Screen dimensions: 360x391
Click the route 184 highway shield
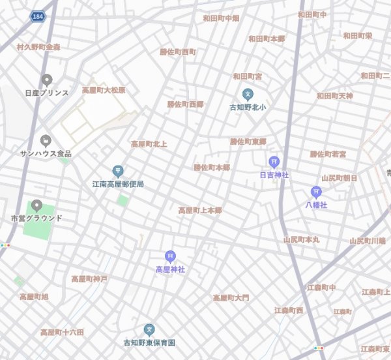pos(36,14)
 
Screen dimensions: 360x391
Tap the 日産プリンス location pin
pos(46,80)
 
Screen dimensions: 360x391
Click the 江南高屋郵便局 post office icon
pos(118,171)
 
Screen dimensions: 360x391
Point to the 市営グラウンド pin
pos(36,206)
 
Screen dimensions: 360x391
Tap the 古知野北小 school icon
pos(248,94)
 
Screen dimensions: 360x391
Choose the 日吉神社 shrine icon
pos(274,162)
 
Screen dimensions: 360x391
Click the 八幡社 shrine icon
pos(316,192)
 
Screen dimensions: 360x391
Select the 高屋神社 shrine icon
pos(170,256)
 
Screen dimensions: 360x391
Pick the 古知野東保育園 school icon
pos(149,330)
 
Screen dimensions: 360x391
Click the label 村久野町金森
pos(38,47)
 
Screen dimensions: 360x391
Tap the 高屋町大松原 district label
pos(104,90)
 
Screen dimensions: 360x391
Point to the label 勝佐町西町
pos(178,52)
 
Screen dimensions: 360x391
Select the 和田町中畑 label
pos(221,18)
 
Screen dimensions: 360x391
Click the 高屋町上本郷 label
pos(200,211)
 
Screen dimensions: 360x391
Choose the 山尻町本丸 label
pos(302,240)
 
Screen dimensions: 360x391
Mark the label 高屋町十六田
pos(62,333)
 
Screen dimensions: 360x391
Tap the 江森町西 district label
pos(289,310)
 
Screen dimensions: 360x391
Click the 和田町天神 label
pos(335,96)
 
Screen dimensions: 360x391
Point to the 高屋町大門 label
pos(231,298)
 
